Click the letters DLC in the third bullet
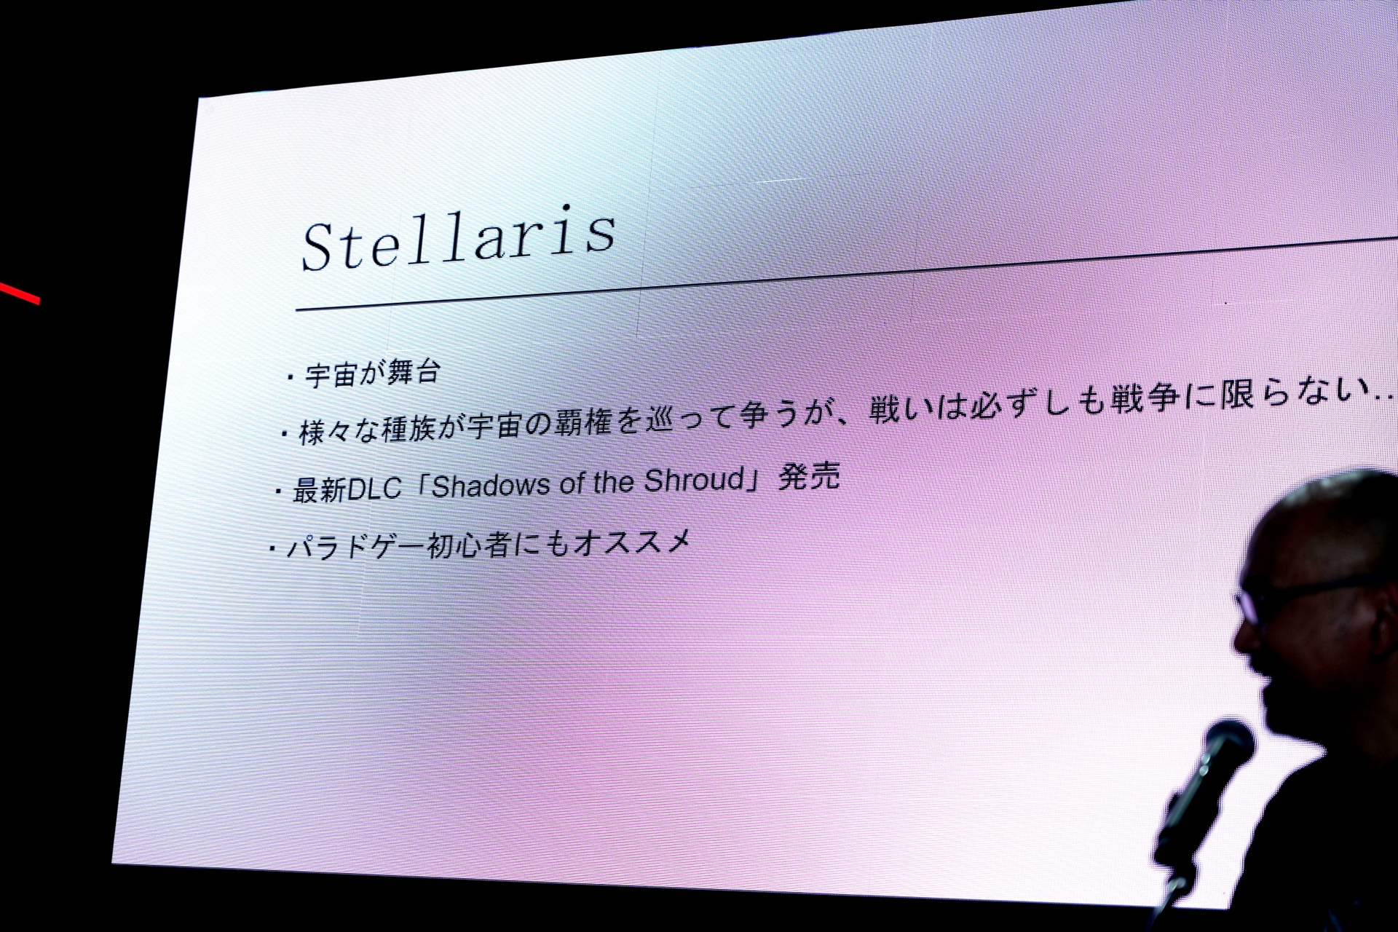(374, 489)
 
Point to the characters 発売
(809, 476)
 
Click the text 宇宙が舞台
(373, 373)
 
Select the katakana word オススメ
(633, 542)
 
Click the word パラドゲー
(356, 547)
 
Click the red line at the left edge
(20, 294)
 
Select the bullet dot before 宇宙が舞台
(291, 377)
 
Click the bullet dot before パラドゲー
(272, 549)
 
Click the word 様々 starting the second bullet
(325, 432)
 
